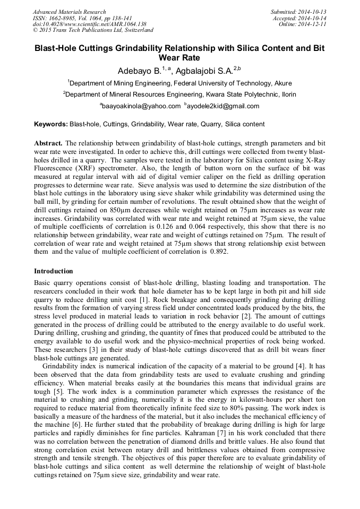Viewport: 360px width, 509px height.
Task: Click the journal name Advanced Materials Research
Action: coord(69,12)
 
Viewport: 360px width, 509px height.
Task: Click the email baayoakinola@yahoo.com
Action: coord(141,106)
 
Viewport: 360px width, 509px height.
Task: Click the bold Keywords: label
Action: coord(51,125)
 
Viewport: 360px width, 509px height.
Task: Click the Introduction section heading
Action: coord(54,271)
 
